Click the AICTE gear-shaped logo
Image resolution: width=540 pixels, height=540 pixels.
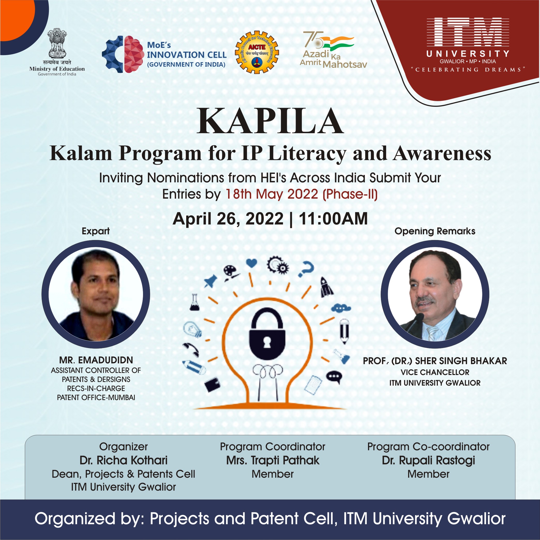point(257,52)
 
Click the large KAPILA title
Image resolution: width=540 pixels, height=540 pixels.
point(270,121)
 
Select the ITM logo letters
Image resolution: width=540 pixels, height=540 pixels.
point(468,32)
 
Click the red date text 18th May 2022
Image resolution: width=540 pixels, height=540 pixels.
point(272,194)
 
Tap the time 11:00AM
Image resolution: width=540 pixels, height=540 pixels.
point(333,219)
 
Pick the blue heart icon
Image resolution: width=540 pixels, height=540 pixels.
point(252,263)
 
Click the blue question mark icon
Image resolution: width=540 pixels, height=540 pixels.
point(306,269)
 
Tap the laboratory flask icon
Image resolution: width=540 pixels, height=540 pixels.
point(194,302)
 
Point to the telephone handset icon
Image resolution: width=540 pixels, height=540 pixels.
point(191,349)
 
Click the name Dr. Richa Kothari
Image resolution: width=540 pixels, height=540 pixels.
point(124,460)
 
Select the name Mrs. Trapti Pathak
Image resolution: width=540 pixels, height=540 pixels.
point(273,461)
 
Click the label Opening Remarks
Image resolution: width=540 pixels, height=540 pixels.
point(435,231)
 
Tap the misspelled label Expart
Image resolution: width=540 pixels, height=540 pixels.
point(96,231)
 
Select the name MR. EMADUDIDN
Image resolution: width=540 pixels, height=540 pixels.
point(96,360)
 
